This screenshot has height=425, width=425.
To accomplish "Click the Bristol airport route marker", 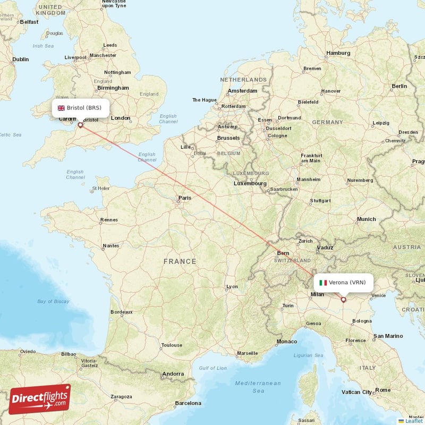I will pos(80,125).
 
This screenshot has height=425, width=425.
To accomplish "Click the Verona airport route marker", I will pos(343,300).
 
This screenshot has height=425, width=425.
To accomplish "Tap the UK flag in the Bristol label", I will pos(61,108).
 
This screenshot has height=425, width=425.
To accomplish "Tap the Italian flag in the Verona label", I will pos(323,283).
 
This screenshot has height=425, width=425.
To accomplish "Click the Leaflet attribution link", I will pos(413,421).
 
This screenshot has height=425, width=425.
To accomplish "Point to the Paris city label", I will pos(184,198).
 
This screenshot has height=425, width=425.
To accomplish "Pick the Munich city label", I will pos(366,219).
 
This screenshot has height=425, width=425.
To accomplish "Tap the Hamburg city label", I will pos(338,53).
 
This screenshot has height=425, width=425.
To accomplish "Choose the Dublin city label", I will pos(20,59).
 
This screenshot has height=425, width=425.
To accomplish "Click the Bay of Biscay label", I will pos(53,302).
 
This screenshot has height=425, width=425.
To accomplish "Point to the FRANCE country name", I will pos(180,261).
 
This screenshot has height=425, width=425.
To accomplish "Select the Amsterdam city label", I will pos(242,91).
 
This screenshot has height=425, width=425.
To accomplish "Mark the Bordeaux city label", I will pos(121,312).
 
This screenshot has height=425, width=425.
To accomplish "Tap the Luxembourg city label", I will pos(250,183).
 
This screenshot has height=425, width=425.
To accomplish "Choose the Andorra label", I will pos(173,374).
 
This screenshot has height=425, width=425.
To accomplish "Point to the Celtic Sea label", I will pos(11,135).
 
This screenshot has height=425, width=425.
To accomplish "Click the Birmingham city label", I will pos(113,88).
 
